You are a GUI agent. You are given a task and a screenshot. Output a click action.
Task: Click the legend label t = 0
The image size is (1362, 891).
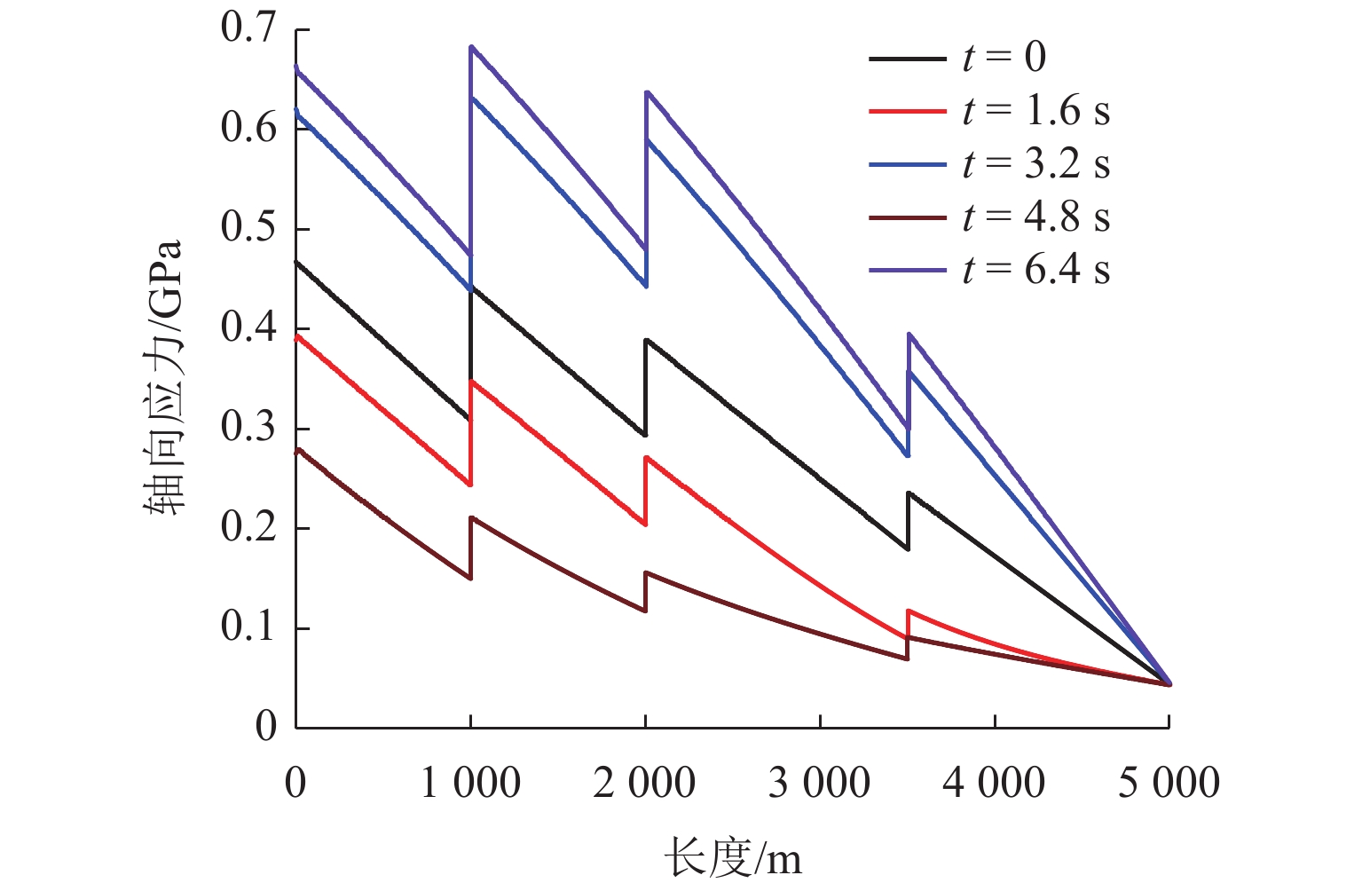pos(1004,59)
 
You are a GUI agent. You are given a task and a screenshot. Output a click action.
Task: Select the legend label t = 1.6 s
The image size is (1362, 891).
pos(1035,112)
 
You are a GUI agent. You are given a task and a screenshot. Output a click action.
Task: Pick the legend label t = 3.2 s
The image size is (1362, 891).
pos(1035,165)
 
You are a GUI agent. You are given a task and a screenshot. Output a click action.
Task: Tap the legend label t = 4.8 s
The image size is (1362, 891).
pos(1035,218)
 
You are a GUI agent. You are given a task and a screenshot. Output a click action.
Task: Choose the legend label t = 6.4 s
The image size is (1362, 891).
pos(1035,271)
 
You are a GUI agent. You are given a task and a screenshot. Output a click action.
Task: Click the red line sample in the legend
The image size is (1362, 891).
pos(907,112)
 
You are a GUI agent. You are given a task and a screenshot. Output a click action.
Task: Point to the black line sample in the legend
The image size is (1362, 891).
pos(907,59)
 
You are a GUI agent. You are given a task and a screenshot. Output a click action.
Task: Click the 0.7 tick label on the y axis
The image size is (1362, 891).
pos(248,29)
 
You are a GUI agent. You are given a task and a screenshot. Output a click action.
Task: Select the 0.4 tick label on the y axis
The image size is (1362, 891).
pos(248,328)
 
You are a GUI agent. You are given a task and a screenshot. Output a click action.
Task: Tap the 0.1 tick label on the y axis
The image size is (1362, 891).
pos(248,627)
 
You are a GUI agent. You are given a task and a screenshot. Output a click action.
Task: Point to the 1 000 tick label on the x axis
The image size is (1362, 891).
pos(470,784)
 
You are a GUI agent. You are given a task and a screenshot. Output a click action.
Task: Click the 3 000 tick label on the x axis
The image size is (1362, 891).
pos(819,784)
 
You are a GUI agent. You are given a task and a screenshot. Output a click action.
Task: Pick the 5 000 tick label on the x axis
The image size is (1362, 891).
pos(1169,784)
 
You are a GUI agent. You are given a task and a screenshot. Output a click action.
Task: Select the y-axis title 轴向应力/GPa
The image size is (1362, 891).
pos(163,377)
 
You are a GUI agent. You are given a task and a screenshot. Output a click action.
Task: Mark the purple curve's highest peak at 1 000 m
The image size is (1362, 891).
pos(471,46)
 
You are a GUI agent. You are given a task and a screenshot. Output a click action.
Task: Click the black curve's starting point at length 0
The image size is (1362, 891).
pos(296,262)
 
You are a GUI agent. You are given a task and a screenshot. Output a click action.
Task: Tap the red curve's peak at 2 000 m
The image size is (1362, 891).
pos(646,458)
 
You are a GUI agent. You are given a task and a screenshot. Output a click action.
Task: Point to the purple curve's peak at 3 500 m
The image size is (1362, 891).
pos(909,335)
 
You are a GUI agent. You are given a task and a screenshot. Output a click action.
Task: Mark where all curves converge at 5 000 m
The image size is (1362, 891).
pos(1169,683)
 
